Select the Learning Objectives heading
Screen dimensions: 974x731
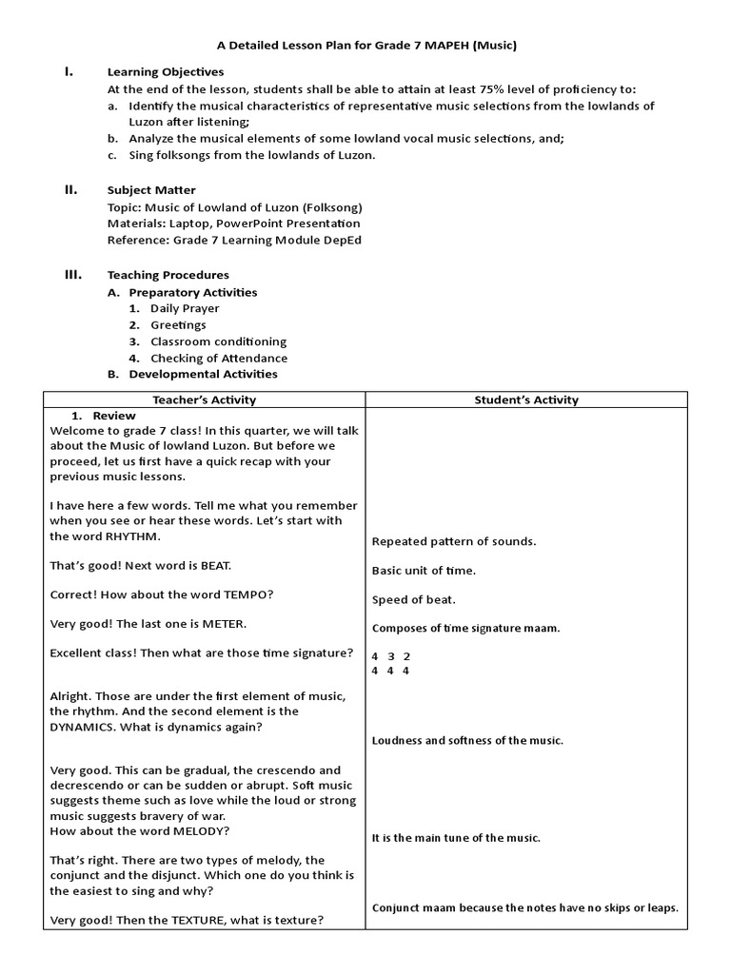[166, 71]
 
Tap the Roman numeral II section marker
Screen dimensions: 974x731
[70, 189]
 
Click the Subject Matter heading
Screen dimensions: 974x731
[151, 190]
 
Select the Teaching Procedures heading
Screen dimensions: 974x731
[168, 275]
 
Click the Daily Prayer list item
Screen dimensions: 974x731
[185, 308]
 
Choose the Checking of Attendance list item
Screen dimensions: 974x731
[219, 358]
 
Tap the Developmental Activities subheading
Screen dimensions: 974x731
[203, 374]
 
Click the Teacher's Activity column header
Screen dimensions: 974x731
[204, 400]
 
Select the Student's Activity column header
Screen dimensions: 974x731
[526, 400]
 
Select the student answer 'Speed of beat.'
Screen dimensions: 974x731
[413, 599]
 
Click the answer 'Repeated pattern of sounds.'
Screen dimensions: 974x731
[454, 541]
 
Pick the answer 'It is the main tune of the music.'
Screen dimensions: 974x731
[456, 838]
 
